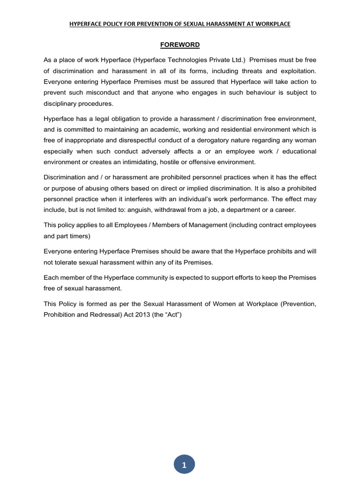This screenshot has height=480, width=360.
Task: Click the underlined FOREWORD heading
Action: point(180,45)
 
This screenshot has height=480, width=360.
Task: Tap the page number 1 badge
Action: point(184,452)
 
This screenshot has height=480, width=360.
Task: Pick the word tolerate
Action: point(72,262)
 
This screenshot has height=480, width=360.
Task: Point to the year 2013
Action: point(128,315)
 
